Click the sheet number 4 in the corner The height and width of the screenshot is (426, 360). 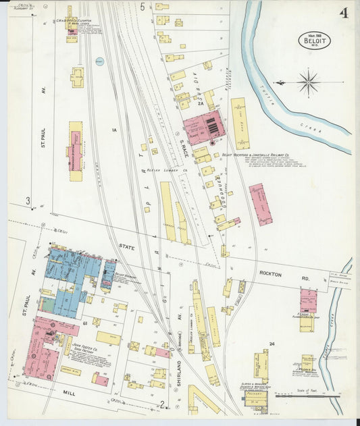pos(344,14)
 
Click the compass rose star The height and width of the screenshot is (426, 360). pos(309,84)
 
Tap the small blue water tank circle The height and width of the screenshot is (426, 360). pos(99,60)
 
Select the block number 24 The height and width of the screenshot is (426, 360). pos(271,344)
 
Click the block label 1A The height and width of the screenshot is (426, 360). pos(114,130)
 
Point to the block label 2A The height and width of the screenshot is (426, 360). pos(200,103)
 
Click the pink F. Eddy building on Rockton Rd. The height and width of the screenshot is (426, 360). pos(308,302)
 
